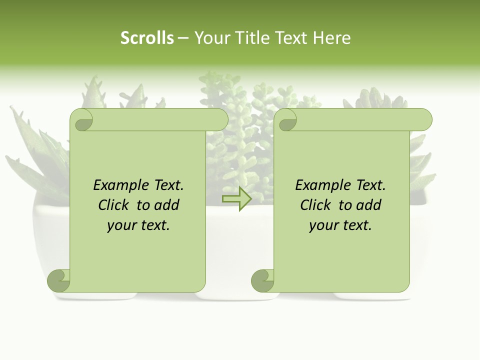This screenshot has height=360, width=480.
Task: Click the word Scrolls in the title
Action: point(147,38)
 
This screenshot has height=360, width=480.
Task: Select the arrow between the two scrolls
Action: point(237,199)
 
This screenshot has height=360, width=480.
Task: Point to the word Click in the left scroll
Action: point(113,205)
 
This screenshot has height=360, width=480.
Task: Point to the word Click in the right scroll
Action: point(315,205)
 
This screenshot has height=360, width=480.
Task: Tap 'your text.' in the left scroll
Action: point(138,225)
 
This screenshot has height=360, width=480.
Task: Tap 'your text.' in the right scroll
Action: point(340,225)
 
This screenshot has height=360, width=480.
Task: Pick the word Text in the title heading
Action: point(291,38)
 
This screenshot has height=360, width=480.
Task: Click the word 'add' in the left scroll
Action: point(166,205)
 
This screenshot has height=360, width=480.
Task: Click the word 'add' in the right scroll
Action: point(368,205)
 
